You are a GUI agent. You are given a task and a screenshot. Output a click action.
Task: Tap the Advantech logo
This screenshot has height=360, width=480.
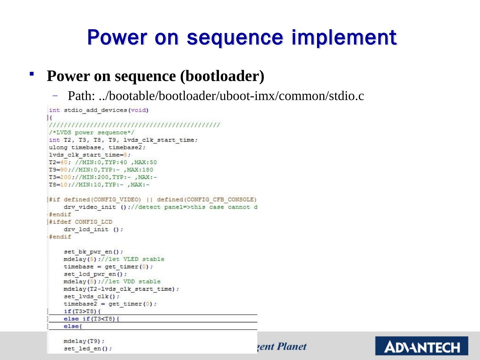point(422,346)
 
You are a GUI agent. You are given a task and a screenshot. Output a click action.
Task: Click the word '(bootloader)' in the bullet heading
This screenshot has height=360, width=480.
point(222,76)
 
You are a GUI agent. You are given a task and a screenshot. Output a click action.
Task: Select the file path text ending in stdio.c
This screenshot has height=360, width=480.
point(216,96)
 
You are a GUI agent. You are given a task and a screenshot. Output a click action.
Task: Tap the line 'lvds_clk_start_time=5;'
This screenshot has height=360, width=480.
point(90,155)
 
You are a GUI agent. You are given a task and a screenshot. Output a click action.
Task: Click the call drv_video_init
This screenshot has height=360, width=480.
point(90,207)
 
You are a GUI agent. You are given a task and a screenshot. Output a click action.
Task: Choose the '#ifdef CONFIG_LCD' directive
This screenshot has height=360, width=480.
point(81,222)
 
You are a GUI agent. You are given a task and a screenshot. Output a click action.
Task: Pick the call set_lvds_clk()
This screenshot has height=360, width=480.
point(91,297)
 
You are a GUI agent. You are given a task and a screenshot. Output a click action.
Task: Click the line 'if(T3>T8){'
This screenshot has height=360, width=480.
point(82,311)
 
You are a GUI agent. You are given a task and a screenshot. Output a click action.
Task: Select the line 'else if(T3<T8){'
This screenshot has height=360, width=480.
point(91,319)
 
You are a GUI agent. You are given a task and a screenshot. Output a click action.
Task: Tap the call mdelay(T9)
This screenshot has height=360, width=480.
point(84,341)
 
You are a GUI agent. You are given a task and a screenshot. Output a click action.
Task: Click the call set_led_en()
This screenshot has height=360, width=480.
point(88,349)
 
